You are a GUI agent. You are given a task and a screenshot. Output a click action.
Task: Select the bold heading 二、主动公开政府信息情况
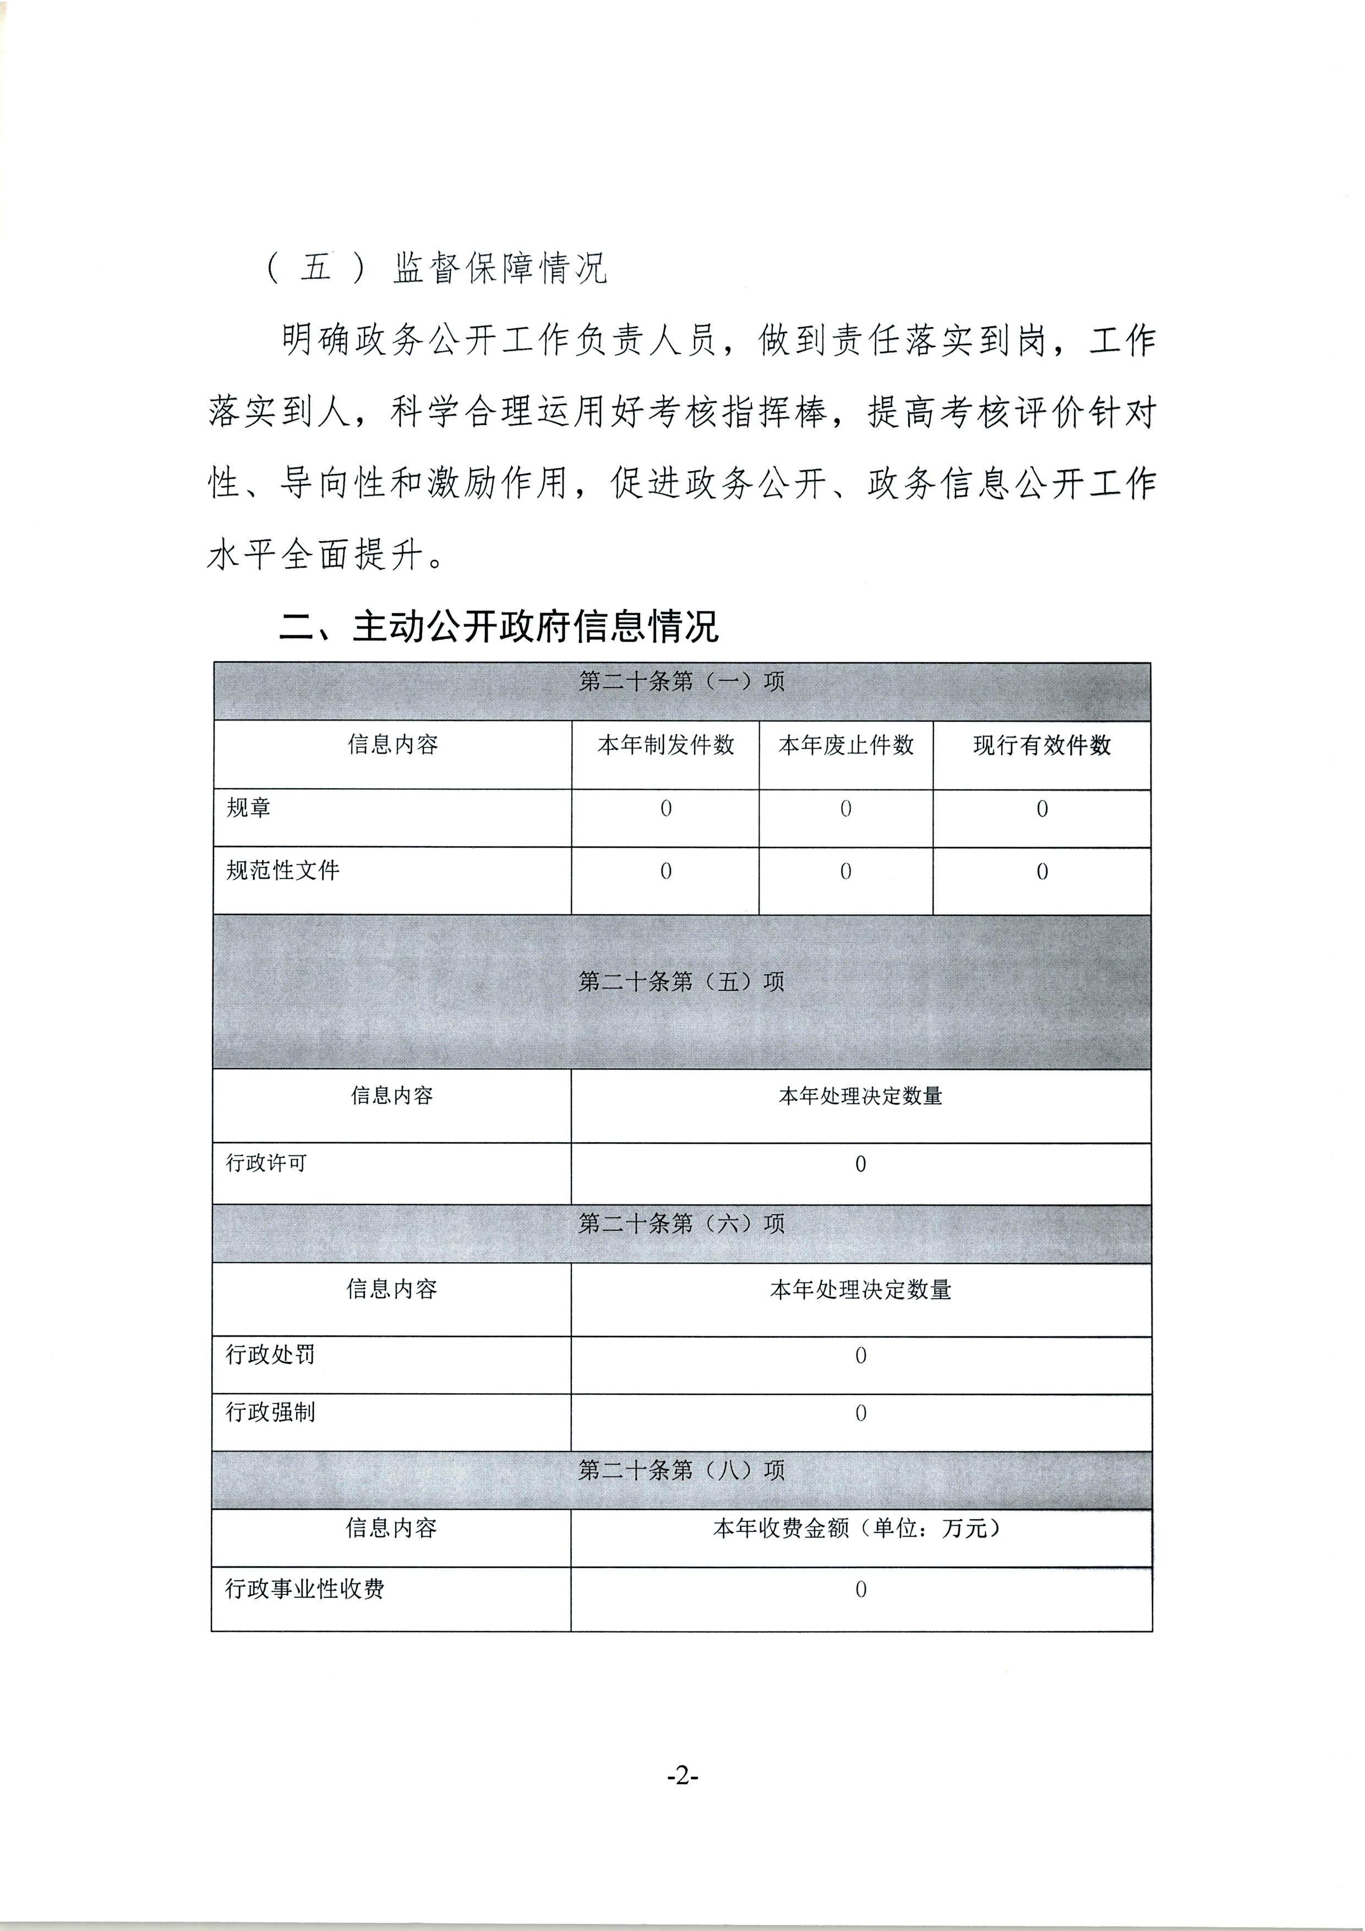pyautogui.click(x=499, y=628)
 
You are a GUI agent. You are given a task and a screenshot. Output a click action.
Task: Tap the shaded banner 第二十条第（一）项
pyautogui.click(x=681, y=681)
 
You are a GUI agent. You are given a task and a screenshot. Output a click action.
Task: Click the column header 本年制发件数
pyautogui.click(x=665, y=745)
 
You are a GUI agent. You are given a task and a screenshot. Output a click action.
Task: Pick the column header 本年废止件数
pyautogui.click(x=846, y=745)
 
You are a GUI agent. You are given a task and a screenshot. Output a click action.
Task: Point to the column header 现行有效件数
pyautogui.click(x=1042, y=745)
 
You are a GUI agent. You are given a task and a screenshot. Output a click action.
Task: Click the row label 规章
pyautogui.click(x=249, y=808)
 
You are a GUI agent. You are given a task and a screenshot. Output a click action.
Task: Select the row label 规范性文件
pyautogui.click(x=282, y=870)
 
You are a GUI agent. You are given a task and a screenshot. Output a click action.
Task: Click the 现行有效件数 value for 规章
pyautogui.click(x=1042, y=809)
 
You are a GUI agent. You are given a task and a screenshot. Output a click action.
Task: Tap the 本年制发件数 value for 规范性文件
pyautogui.click(x=665, y=871)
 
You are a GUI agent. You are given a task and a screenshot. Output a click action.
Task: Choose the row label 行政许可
pyautogui.click(x=266, y=1163)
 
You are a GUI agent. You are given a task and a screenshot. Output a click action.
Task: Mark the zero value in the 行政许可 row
pyautogui.click(x=860, y=1165)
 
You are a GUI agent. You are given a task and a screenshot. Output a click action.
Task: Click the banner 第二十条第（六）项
pyautogui.click(x=681, y=1224)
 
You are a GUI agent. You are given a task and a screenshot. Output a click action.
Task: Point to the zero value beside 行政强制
pyautogui.click(x=860, y=1414)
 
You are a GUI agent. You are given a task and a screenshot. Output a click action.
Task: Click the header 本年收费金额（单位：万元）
pyautogui.click(x=860, y=1528)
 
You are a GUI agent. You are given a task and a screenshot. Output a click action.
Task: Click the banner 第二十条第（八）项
pyautogui.click(x=681, y=1470)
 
